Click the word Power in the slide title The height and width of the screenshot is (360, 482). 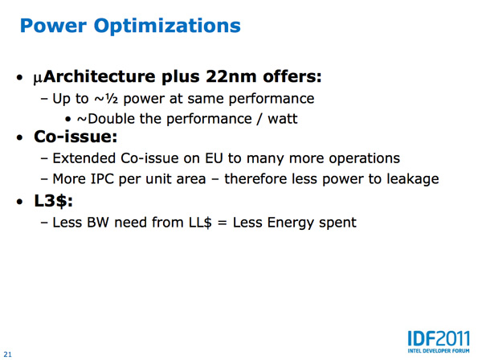tap(53, 26)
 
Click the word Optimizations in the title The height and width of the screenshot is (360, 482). tap(167, 27)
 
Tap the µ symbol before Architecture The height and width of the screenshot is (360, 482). tap(38, 78)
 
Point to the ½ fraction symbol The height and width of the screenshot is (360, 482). tap(111, 99)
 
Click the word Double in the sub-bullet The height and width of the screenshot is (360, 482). tap(111, 119)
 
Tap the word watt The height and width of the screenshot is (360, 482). tap(283, 119)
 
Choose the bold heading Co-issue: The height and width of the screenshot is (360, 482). tap(76, 137)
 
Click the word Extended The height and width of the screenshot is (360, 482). tap(84, 158)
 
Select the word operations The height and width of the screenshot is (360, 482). tap(364, 159)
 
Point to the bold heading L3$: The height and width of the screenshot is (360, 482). tap(54, 202)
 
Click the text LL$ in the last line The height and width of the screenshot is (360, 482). tap(200, 223)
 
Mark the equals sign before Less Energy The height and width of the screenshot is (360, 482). tap(222, 223)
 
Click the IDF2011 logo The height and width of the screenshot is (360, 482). tap(439, 342)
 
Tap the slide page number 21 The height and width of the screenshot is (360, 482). tap(8, 354)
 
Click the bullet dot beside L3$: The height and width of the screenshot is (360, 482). tap(20, 202)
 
